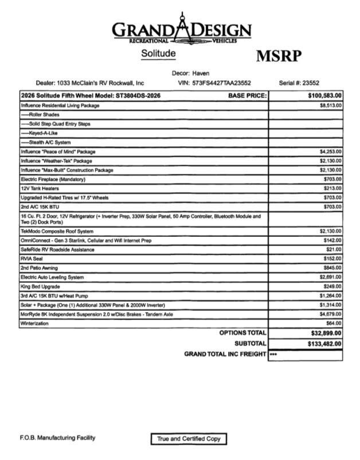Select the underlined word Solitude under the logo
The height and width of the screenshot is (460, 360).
coord(158,53)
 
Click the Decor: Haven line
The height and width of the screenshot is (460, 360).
coord(191,73)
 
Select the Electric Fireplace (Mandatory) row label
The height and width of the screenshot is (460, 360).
coord(52,180)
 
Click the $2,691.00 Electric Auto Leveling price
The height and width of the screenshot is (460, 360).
coord(331,277)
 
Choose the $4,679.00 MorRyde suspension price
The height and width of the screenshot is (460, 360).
coord(331,314)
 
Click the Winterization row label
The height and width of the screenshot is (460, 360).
coord(35,323)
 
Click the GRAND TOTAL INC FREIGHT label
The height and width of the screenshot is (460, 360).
coord(225,354)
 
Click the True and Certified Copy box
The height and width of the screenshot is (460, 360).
coord(189,439)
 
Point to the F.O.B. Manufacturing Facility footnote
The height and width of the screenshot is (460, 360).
coord(57,438)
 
